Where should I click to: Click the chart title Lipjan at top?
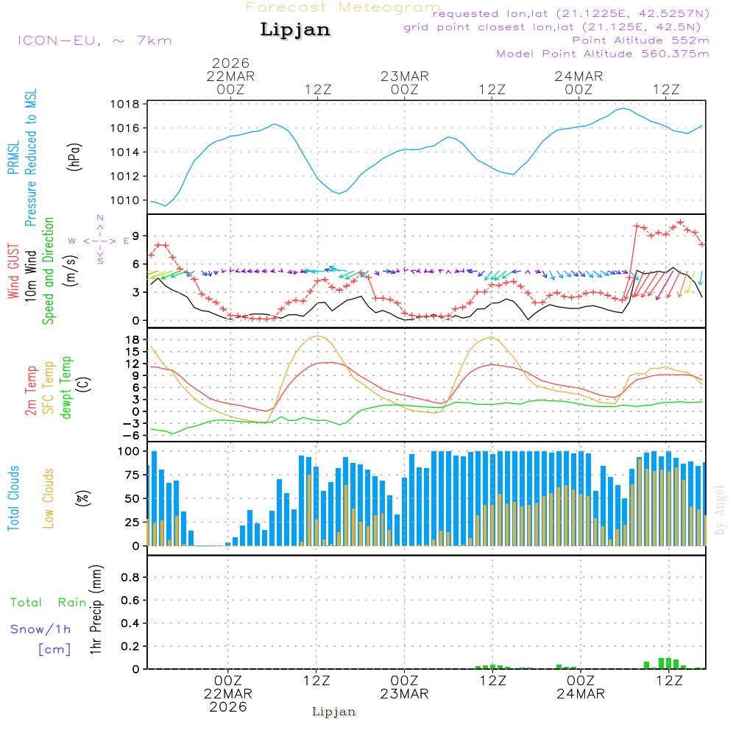click(295, 30)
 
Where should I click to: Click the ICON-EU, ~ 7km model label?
click(94, 40)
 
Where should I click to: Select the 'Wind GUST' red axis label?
click(13, 272)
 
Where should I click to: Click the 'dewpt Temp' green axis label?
click(67, 388)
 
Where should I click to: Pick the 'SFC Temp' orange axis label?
click(49, 388)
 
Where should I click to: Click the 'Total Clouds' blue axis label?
click(13, 498)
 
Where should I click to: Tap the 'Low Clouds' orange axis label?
click(49, 498)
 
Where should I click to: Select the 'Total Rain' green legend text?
click(49, 603)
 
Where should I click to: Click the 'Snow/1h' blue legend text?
click(41, 629)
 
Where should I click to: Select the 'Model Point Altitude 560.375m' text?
click(603, 54)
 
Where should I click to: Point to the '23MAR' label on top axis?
click(405, 76)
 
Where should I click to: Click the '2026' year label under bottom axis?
click(228, 707)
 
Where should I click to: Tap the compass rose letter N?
click(100, 218)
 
